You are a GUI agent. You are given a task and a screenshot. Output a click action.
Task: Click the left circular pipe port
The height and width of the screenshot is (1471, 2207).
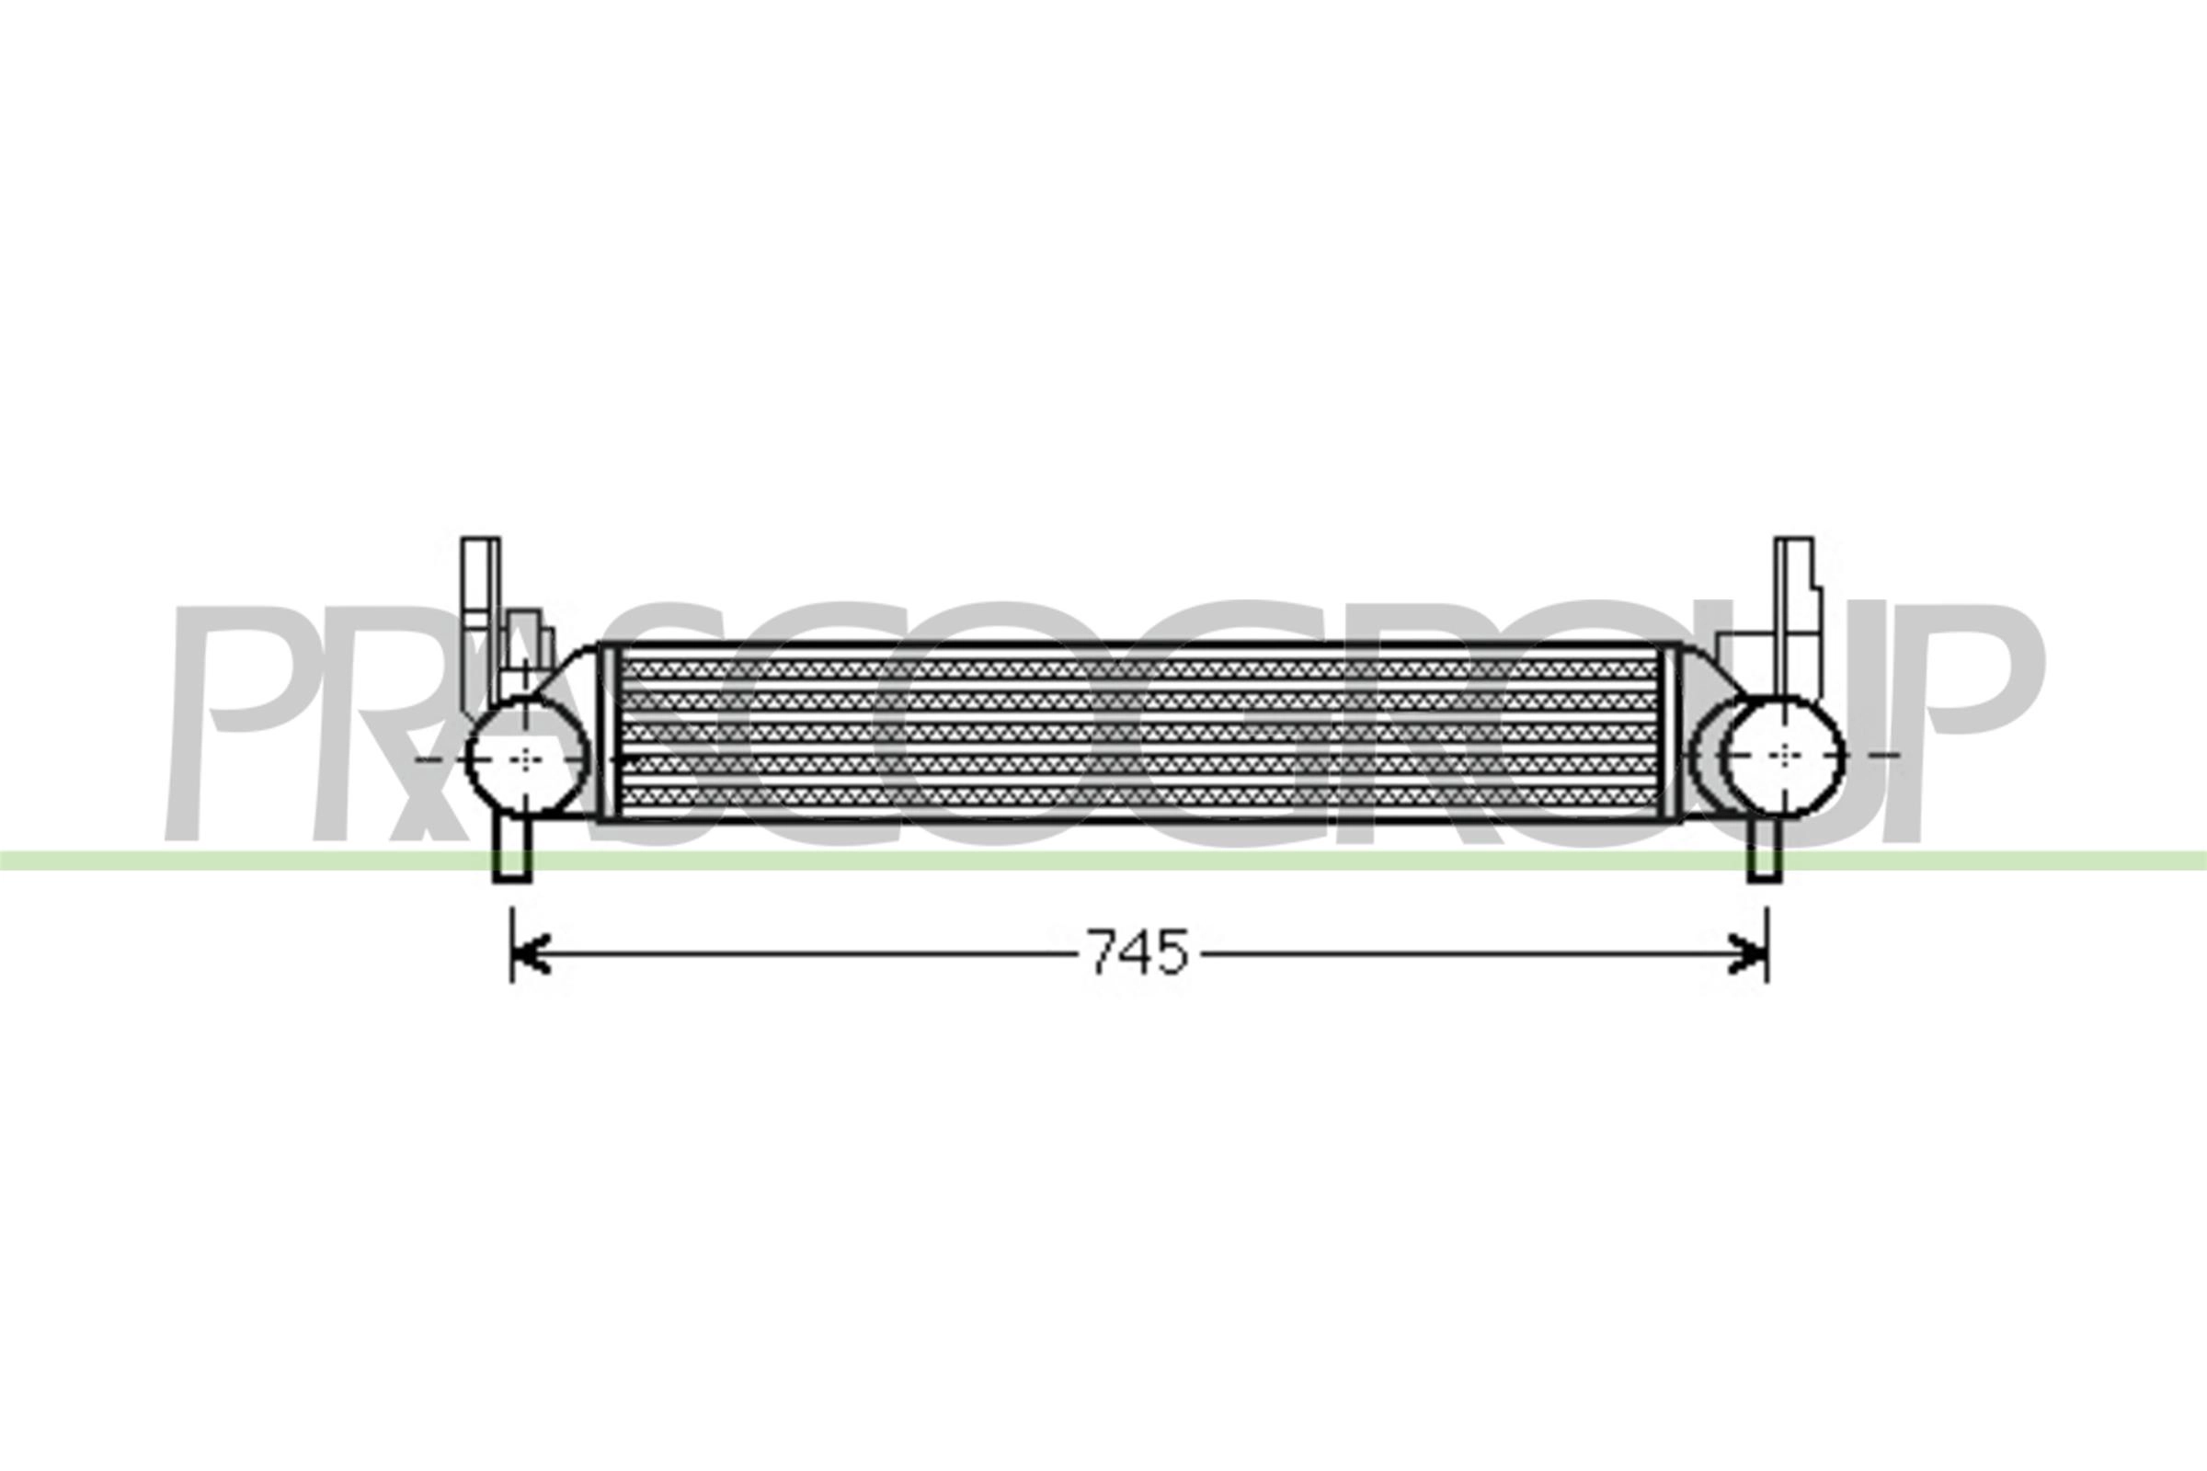pyautogui.click(x=527, y=756)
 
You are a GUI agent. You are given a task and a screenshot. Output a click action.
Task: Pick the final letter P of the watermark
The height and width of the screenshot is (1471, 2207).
pyautogui.click(x=1980, y=723)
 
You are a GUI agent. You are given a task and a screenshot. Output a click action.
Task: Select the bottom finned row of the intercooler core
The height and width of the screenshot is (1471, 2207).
pyautogui.click(x=1136, y=797)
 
